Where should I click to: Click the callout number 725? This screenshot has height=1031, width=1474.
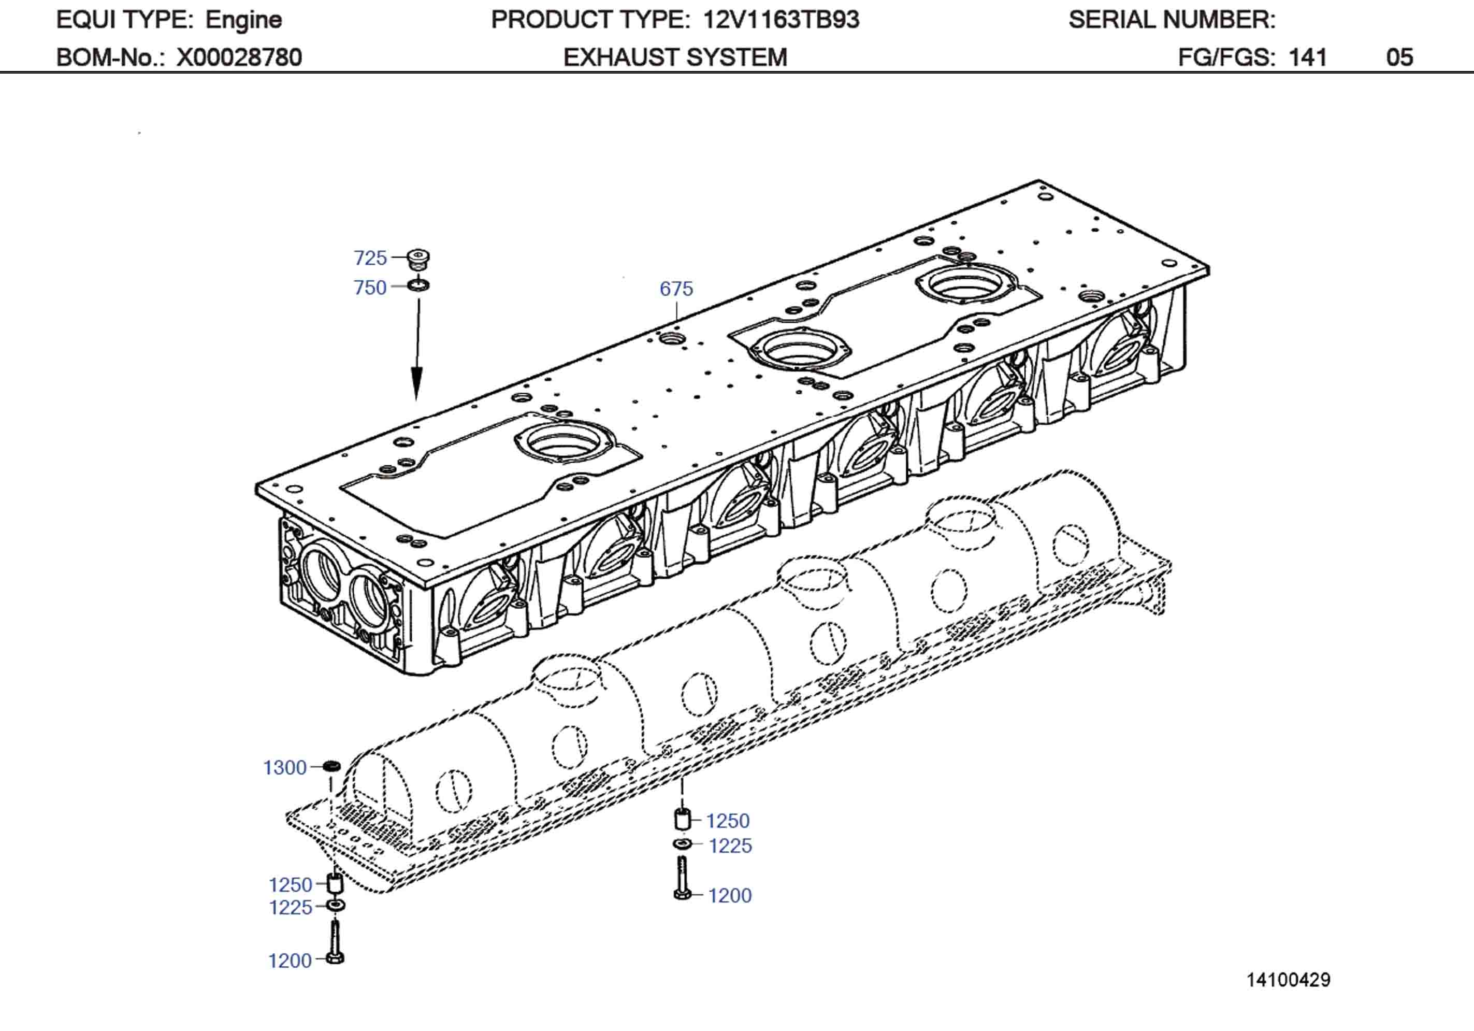pyautogui.click(x=370, y=258)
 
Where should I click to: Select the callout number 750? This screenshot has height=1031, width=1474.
pyautogui.click(x=370, y=288)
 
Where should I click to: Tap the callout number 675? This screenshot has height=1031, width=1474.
pyautogui.click(x=676, y=289)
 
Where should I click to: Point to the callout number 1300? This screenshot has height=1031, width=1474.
pyautogui.click(x=284, y=768)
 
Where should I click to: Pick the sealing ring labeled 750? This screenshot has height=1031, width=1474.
pyautogui.click(x=419, y=284)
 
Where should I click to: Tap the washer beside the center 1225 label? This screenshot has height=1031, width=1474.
pyautogui.click(x=682, y=843)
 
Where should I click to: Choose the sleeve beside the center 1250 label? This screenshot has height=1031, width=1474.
pyautogui.click(x=682, y=819)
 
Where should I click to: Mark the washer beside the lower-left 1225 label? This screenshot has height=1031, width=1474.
pyautogui.click(x=335, y=906)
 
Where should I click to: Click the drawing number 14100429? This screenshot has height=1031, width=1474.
pyautogui.click(x=1288, y=980)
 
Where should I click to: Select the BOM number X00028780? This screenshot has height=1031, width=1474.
pyautogui.click(x=239, y=58)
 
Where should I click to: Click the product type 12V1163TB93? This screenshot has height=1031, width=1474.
pyautogui.click(x=781, y=20)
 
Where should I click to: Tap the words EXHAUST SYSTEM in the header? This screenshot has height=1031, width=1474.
pyautogui.click(x=675, y=58)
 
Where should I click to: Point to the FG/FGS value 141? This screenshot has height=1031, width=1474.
pyautogui.click(x=1307, y=58)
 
